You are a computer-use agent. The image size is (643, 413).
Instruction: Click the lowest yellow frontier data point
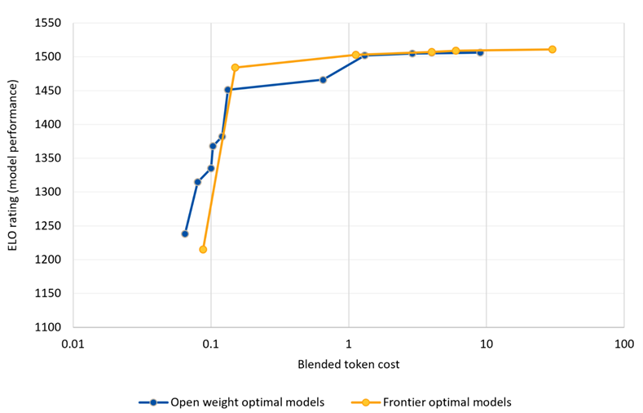click(x=203, y=249)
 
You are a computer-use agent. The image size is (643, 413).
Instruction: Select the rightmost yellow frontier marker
click(x=552, y=49)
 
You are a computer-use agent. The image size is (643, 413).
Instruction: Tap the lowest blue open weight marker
click(x=185, y=233)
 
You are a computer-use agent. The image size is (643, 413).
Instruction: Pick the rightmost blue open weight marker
click(x=480, y=52)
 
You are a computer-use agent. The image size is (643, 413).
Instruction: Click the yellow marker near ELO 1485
click(x=235, y=67)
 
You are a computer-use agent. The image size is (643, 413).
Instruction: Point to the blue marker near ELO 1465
click(x=323, y=80)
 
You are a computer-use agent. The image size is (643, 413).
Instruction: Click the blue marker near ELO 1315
click(x=197, y=182)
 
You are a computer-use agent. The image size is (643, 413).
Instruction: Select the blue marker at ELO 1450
click(x=227, y=90)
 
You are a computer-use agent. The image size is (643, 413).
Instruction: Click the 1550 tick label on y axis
click(x=47, y=23)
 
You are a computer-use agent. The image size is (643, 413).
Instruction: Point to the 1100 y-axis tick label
click(x=47, y=327)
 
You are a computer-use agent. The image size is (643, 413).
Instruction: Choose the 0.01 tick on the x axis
click(x=73, y=344)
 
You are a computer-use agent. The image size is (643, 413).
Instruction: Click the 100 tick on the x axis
click(x=624, y=344)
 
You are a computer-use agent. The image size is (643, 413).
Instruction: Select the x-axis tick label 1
click(x=349, y=344)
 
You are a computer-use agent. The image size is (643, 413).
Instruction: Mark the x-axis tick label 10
click(x=487, y=344)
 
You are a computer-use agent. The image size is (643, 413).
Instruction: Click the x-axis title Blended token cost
click(x=349, y=364)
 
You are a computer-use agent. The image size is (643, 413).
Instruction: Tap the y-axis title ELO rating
click(x=13, y=165)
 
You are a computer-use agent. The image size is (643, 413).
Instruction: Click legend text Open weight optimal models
click(x=247, y=402)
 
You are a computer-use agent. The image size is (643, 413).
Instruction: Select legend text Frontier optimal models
click(x=447, y=402)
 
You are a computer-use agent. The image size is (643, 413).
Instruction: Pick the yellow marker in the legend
click(x=366, y=402)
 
